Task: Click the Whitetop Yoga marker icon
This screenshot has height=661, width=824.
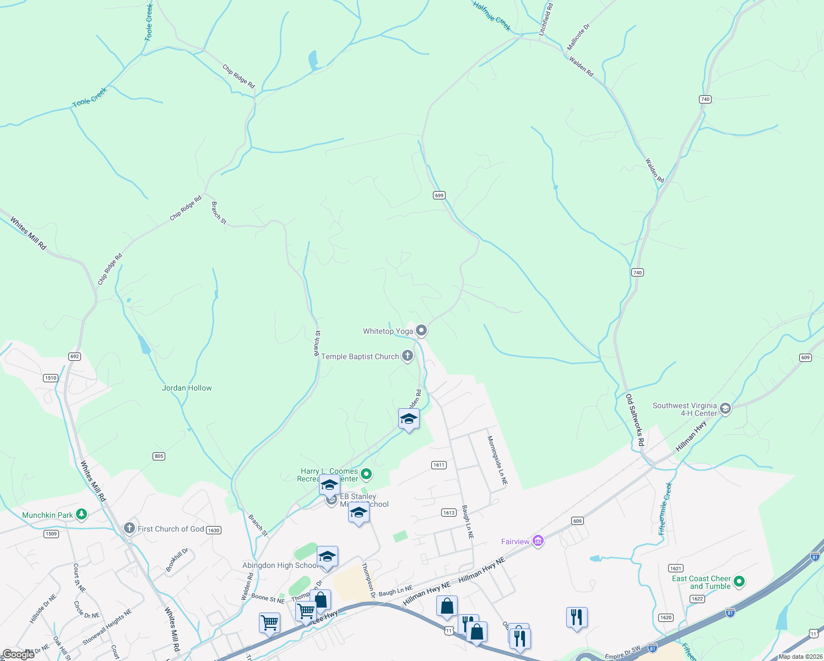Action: (421, 330)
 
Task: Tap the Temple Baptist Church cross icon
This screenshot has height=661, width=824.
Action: (408, 356)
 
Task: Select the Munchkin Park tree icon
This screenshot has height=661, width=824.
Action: (82, 514)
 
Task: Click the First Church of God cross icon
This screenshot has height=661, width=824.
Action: (129, 529)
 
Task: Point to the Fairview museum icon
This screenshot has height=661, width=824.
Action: (538, 541)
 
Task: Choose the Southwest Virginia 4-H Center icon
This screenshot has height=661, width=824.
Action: (725, 409)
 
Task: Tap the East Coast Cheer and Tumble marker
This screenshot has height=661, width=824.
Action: (739, 582)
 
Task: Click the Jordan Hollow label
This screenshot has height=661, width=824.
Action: (187, 388)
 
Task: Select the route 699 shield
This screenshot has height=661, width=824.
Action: (439, 196)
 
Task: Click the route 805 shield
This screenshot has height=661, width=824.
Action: (159, 456)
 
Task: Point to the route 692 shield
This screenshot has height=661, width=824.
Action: (75, 356)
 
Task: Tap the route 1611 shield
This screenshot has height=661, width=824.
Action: (438, 465)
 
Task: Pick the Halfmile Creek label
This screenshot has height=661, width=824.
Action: (492, 16)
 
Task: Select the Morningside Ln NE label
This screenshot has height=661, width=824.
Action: (497, 460)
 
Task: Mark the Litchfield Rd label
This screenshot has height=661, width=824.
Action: (546, 20)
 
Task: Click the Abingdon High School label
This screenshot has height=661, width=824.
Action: (280, 565)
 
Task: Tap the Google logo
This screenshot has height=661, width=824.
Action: (18, 654)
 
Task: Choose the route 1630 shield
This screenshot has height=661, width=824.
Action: (213, 530)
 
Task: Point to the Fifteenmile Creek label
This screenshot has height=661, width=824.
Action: (666, 508)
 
